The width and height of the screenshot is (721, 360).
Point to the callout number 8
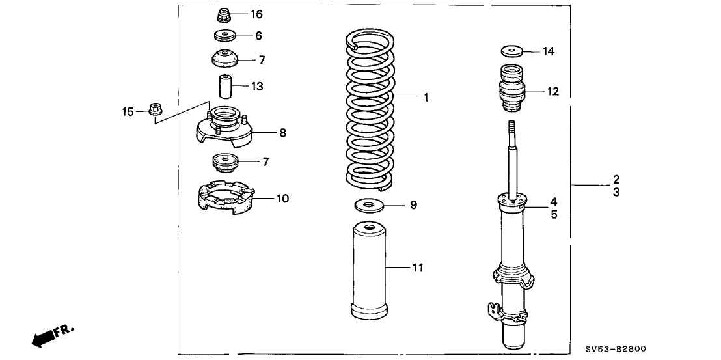282,133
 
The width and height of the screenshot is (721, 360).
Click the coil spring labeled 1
368,111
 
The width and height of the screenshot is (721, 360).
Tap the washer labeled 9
369,206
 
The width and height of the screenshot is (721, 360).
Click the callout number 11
417,268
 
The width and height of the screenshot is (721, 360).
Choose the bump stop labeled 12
513,91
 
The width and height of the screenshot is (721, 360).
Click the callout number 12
552,92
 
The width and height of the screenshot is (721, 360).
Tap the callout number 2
615,179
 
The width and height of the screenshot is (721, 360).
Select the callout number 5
554,214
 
